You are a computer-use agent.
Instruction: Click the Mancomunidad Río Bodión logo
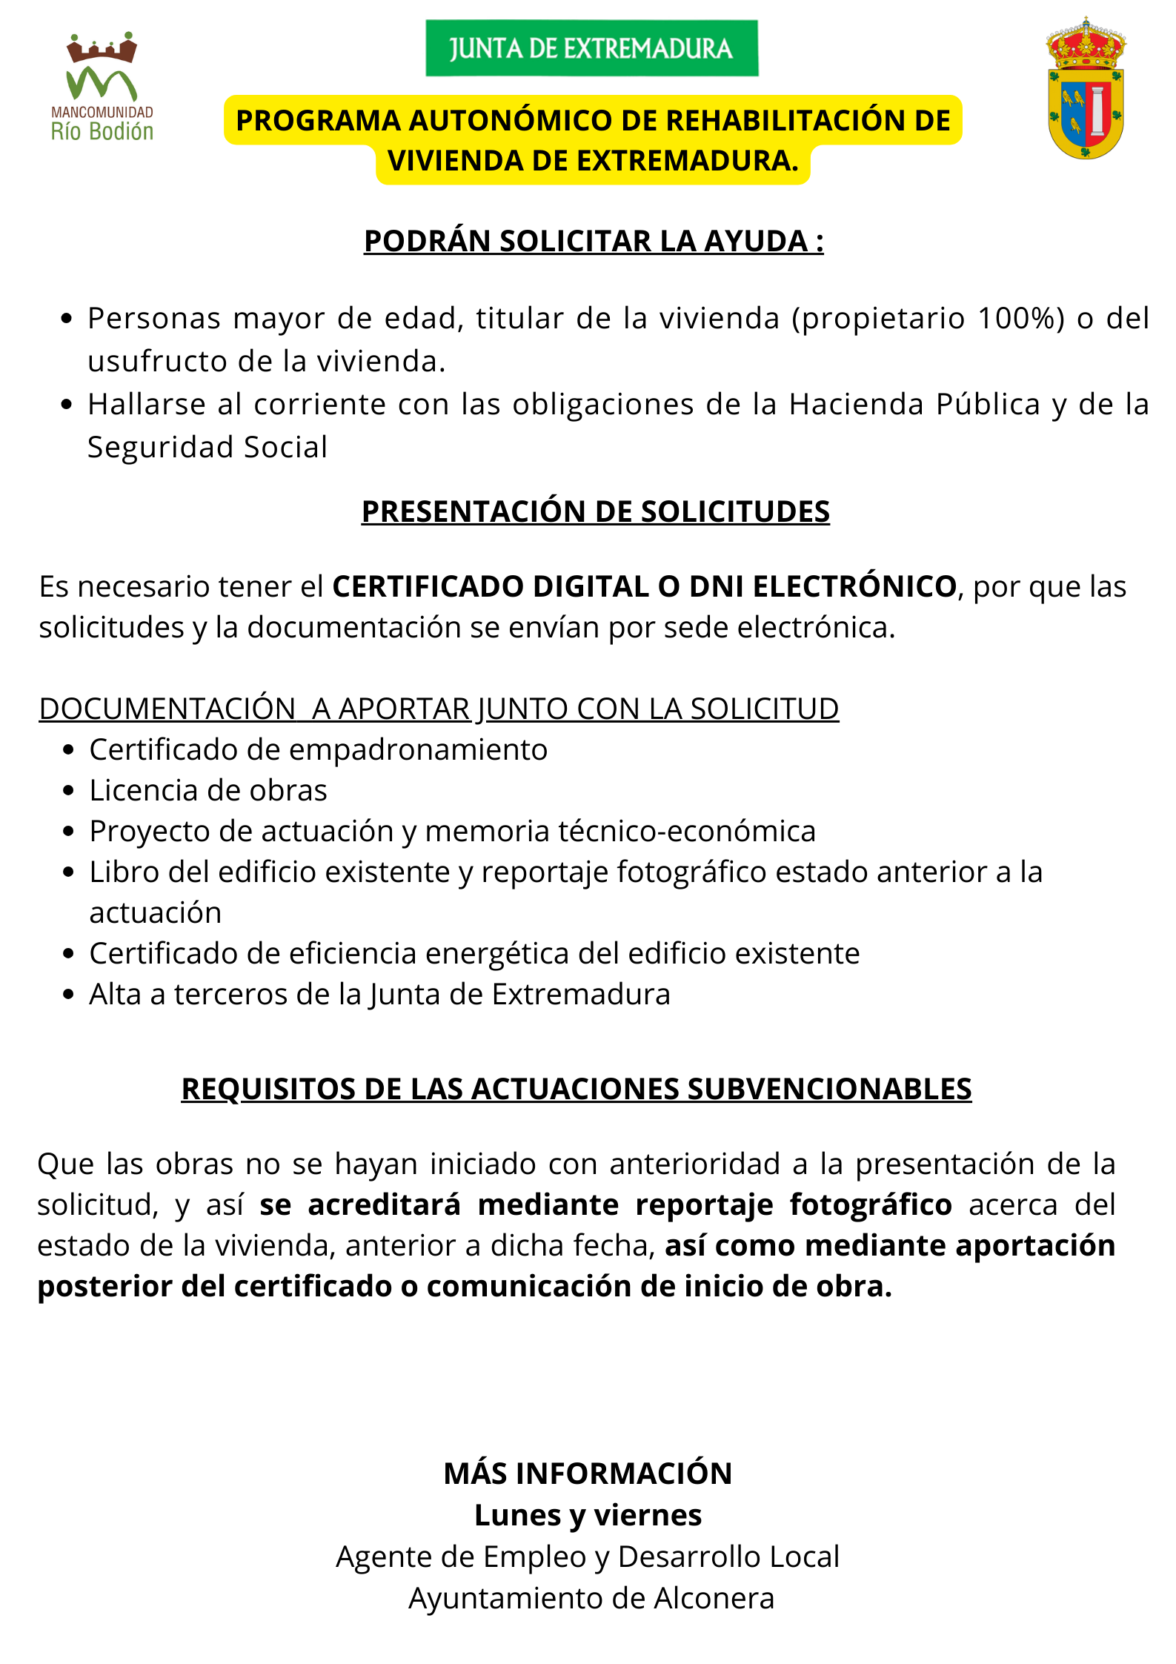coord(102,87)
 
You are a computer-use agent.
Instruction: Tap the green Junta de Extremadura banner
coord(591,48)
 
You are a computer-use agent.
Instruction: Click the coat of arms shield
coord(1086,89)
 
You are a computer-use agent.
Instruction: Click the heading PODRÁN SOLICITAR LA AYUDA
coord(593,242)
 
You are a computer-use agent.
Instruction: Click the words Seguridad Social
coord(207,448)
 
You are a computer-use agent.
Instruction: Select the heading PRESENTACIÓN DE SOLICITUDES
coord(595,512)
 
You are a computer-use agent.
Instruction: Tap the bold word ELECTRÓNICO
coord(854,587)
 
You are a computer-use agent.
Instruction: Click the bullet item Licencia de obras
coord(208,791)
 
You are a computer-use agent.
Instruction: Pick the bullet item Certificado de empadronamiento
coord(318,750)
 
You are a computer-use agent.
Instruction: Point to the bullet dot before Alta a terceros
coord(69,995)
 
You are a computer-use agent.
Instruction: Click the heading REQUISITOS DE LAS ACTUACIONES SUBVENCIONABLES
coord(576,1090)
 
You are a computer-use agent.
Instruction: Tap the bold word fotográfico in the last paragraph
coord(870,1205)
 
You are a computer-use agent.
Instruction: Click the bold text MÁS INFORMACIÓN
coord(588,1474)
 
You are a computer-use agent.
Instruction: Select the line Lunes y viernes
coord(588,1515)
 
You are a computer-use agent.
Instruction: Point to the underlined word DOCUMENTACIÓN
coord(167,709)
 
